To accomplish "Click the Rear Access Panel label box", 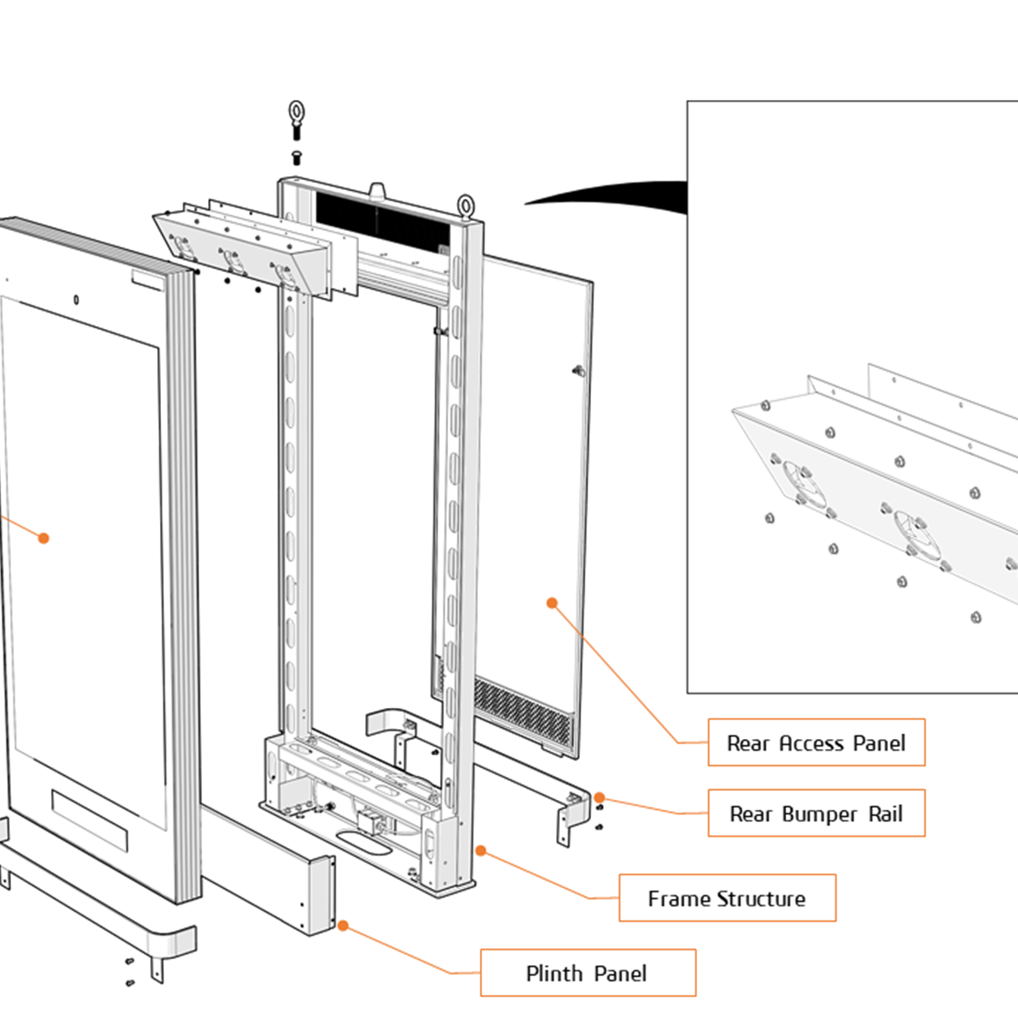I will [816, 743].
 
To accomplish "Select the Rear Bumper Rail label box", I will [816, 813].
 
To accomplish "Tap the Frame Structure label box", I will [727, 898].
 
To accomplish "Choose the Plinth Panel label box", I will [587, 973].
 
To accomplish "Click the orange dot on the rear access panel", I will [552, 602].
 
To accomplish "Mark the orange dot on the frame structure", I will [481, 851].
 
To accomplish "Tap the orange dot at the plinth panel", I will [343, 925].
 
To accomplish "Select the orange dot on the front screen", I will [43, 538].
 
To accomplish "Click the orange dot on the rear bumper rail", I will [599, 798].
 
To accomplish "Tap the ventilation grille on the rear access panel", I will [525, 708].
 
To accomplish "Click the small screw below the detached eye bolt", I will [296, 157].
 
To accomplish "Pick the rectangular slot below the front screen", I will [90, 818].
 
